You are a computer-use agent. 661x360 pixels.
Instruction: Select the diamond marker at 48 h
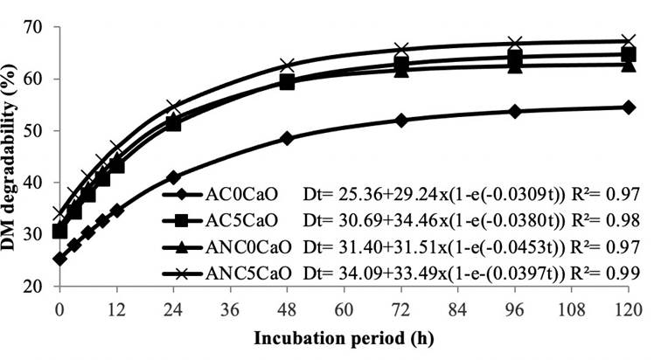pos(287,138)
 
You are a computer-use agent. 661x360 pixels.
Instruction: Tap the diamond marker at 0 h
pos(59,259)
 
